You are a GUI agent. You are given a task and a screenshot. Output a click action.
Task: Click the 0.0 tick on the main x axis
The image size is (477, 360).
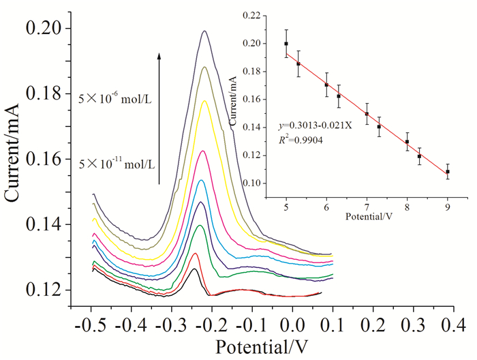coord(292,307)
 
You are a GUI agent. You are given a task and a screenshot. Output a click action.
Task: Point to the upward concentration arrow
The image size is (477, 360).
coord(159,116)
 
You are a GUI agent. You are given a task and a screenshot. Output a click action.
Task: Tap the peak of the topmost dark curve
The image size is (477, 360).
coord(204,31)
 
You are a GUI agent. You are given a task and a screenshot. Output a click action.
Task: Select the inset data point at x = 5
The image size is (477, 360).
coord(286,44)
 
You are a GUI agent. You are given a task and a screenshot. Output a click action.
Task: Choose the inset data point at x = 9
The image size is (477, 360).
coord(448,171)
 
